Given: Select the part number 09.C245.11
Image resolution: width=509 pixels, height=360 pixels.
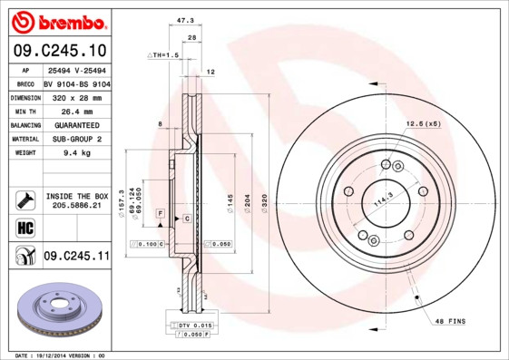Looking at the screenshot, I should [x=76, y=257].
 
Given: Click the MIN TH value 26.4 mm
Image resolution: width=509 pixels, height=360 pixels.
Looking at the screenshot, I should [x=64, y=110].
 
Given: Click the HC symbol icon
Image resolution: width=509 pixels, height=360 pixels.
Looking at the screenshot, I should [x=24, y=227].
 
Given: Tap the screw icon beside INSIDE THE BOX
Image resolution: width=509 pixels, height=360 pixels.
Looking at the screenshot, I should [x=24, y=199].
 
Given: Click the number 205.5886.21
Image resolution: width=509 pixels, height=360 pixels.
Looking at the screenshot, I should [x=76, y=207].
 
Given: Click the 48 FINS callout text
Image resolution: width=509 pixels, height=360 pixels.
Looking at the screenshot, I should [x=451, y=322].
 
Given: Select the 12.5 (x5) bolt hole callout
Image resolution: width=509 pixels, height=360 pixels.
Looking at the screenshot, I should [x=423, y=122].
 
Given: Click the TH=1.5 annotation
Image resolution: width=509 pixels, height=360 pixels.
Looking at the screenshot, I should [x=164, y=55].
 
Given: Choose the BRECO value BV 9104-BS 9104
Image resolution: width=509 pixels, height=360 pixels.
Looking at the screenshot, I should [x=76, y=82].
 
